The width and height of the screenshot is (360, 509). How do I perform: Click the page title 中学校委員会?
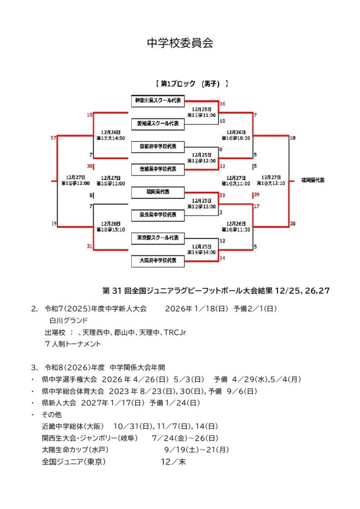coord(180,43)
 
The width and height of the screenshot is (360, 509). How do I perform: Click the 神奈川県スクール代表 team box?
coord(157,101)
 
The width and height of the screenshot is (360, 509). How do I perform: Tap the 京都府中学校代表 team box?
coord(157,147)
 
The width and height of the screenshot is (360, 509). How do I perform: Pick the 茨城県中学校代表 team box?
coord(157,170)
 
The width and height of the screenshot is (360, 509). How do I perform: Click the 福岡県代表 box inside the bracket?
coord(157,192)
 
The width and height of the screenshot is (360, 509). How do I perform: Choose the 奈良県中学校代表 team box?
coord(157,215)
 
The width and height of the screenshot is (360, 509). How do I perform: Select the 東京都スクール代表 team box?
coord(157,238)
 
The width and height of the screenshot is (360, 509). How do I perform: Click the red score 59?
coord(222,195)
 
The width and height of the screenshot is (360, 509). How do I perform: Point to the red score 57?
coord(53,138)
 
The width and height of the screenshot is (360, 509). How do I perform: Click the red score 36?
coord(222,104)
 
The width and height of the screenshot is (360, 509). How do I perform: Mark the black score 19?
coord(53,224)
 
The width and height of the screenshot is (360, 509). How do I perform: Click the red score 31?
coord(90,246)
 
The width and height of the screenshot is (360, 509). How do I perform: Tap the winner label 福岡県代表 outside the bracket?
coord(313,179)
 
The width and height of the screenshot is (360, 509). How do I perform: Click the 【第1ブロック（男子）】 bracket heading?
coord(191,84)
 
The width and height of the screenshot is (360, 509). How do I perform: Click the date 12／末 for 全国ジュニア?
coord(173,461)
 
